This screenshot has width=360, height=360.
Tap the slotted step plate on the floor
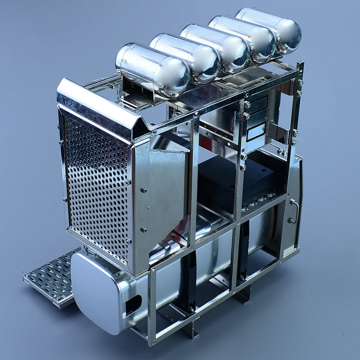[x=49, y=279]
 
